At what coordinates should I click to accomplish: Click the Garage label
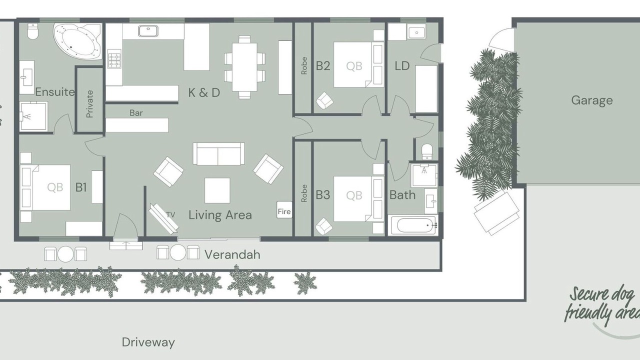[x=592, y=100]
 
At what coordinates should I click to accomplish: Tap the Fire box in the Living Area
[x=284, y=210]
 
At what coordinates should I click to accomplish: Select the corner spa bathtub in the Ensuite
[x=77, y=41]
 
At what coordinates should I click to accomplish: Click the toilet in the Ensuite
[x=32, y=31]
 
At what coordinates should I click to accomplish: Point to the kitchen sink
[x=148, y=31]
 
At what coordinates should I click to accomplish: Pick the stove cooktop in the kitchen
[x=114, y=59]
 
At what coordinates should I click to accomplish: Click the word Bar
[x=136, y=113]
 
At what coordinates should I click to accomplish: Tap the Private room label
[x=89, y=104]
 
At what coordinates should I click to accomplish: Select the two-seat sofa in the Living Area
[x=218, y=153]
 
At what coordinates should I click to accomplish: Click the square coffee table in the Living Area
[x=217, y=190]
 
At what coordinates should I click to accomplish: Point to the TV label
[x=170, y=214]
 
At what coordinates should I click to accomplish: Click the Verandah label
[x=232, y=254]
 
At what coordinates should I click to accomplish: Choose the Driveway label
[x=148, y=342]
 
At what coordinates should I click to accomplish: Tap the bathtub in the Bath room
[x=413, y=225]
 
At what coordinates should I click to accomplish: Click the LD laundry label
[x=402, y=66]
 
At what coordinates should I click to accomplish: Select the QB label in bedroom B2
[x=354, y=66]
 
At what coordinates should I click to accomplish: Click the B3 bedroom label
[x=323, y=195]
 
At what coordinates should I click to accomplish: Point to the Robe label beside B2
[x=304, y=65]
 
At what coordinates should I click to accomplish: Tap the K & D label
[x=204, y=92]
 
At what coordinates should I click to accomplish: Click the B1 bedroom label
[x=81, y=187]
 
